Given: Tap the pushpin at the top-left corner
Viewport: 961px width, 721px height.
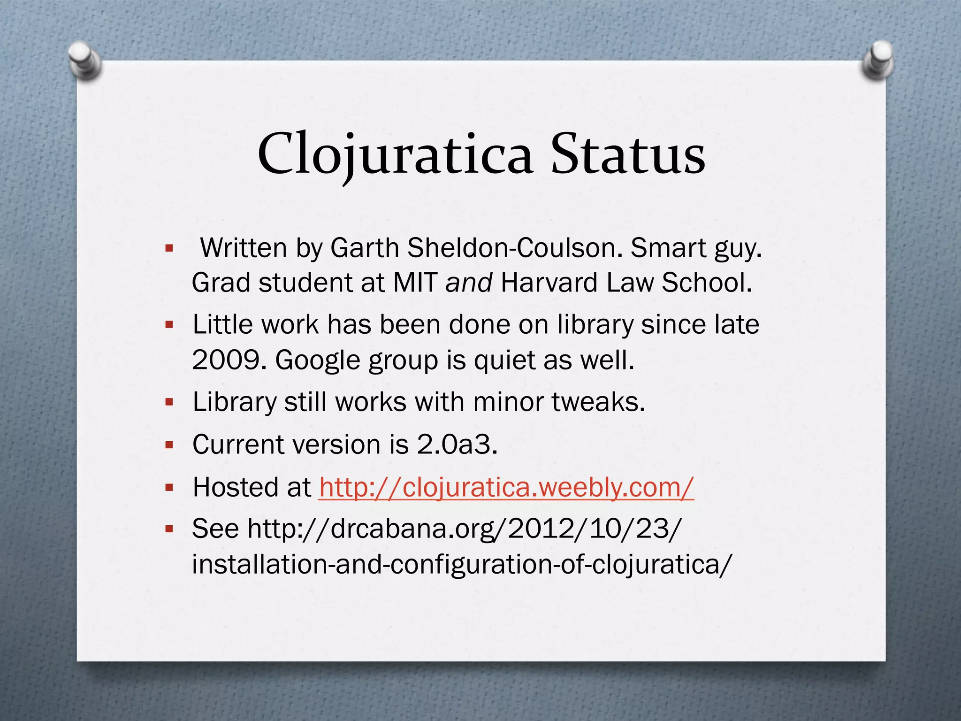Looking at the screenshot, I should pos(84,61).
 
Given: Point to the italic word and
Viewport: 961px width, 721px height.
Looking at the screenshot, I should pos(468,283).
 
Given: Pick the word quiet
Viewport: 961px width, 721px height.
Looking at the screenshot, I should pos(504,360).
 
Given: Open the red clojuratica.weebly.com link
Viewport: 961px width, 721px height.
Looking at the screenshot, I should pos(506,487).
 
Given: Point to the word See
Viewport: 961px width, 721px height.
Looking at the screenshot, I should pos(215,529).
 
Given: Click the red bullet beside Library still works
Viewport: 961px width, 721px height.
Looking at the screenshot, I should pos(169,402).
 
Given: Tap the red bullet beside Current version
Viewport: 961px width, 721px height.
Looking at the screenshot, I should pos(169,445).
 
